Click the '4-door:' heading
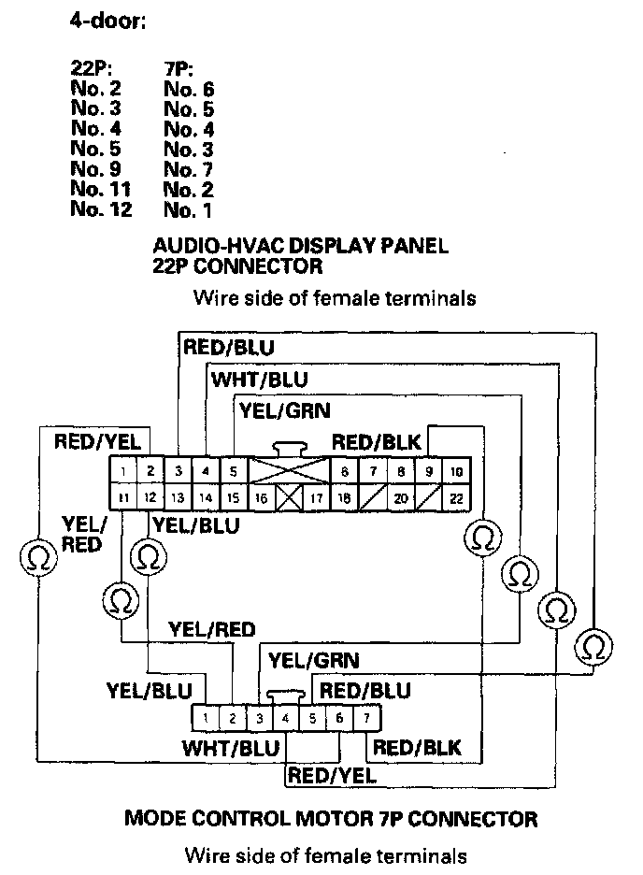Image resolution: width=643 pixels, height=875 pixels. point(108,21)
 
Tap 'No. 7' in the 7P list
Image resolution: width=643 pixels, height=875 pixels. point(189,170)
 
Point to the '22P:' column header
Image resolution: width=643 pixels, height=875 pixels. point(93,69)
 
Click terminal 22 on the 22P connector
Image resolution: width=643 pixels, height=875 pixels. point(456,499)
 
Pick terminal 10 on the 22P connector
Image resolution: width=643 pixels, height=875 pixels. point(456,471)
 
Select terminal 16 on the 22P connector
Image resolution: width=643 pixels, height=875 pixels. point(261,499)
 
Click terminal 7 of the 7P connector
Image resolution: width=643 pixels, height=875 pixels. point(367,718)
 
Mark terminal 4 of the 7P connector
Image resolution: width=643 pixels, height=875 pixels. point(285,718)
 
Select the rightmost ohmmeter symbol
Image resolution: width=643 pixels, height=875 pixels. point(593,645)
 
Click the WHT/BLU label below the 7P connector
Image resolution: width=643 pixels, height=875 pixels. point(230,749)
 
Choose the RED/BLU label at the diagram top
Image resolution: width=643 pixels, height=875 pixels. point(229,348)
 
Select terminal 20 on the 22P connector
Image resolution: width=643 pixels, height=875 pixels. point(400,499)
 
